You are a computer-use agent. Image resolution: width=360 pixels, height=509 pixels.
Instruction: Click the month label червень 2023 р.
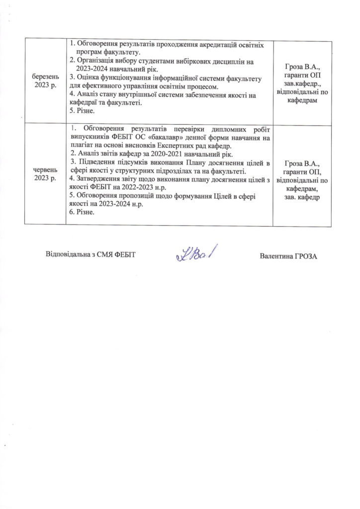click(x=45, y=175)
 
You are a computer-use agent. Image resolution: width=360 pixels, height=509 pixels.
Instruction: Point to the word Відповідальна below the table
click(x=70, y=254)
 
